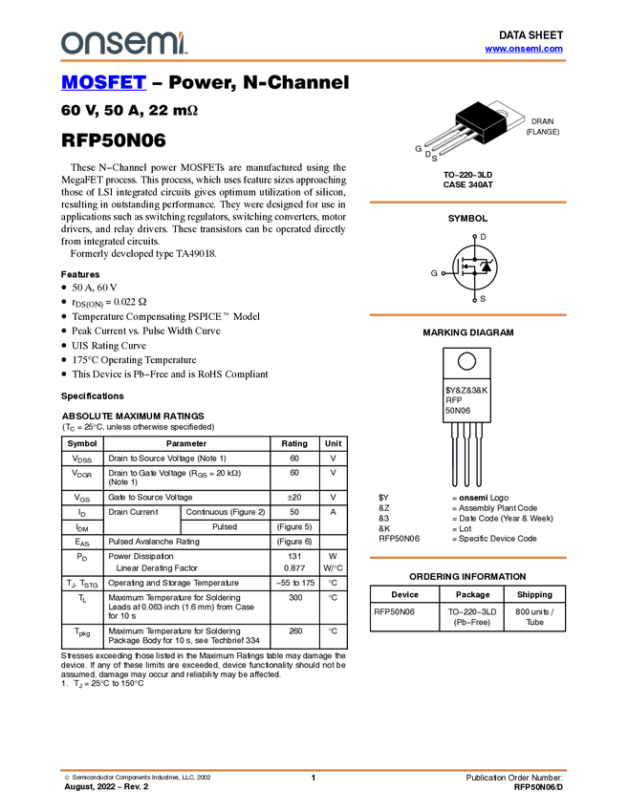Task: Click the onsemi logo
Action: click(x=123, y=43)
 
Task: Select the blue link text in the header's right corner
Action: click(x=524, y=49)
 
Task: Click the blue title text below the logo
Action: click(x=103, y=84)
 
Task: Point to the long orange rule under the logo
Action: click(x=314, y=61)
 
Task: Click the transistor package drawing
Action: click(x=466, y=133)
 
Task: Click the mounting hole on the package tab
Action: click(x=501, y=114)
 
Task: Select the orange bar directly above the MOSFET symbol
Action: click(x=467, y=203)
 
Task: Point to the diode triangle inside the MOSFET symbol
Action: click(x=486, y=267)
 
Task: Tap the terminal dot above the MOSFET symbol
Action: click(x=475, y=234)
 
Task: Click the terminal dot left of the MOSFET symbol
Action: click(x=444, y=272)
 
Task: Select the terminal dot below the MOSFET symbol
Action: click(x=475, y=300)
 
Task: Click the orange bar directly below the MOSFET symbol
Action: click(x=467, y=314)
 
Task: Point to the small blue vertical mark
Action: click(x=451, y=453)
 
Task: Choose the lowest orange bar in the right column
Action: click(x=467, y=558)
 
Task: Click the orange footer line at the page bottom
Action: click(x=314, y=769)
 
